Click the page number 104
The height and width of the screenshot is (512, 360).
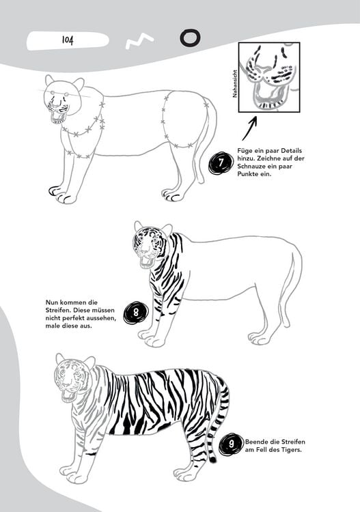68,40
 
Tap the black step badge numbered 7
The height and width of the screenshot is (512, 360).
221,162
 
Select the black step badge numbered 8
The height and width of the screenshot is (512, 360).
135,313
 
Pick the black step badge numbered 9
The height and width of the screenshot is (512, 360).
232,444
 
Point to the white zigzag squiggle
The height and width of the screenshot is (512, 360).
139,42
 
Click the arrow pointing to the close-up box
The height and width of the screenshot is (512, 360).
249,128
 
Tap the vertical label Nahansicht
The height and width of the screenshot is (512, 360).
234,84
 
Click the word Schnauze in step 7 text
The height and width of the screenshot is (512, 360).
251,167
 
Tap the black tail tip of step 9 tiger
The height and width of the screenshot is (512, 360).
212,459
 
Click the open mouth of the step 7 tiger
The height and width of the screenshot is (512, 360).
59,116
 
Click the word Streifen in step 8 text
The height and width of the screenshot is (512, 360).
57,310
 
